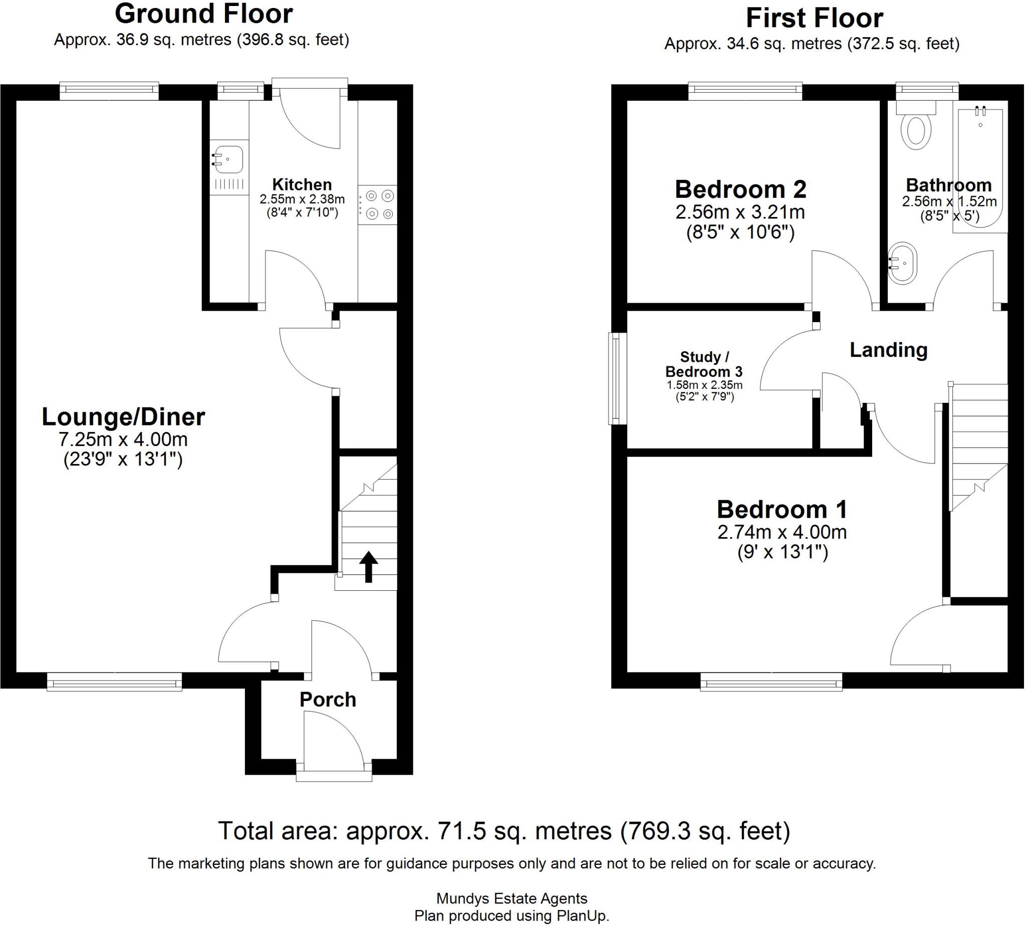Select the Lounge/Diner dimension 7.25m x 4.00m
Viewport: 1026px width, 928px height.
[x=123, y=439]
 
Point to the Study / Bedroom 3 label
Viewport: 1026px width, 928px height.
[x=705, y=364]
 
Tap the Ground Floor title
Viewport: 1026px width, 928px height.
[x=203, y=14]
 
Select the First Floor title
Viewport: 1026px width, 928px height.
[x=815, y=19]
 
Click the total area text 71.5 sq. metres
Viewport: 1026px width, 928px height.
[x=504, y=831]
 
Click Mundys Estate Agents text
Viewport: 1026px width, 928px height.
[x=512, y=898]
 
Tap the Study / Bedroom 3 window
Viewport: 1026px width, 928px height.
[x=617, y=379]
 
